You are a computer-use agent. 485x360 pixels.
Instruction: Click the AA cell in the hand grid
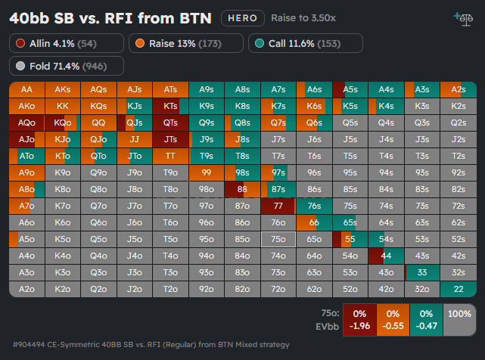(27, 90)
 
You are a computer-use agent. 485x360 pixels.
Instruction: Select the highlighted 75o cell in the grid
(278, 240)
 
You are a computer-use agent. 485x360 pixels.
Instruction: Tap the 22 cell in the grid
(459, 289)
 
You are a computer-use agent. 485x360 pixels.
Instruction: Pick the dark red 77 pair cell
(278, 206)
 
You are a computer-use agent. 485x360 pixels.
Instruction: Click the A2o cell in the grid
(27, 289)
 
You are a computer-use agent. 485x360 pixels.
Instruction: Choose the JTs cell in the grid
(170, 139)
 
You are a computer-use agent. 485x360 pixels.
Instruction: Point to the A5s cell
(350, 90)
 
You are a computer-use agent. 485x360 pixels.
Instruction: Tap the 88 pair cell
(242, 189)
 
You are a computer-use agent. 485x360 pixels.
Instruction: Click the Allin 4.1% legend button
(67, 43)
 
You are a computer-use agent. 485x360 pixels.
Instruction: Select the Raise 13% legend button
(186, 43)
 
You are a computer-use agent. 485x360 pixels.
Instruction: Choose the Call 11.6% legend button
(306, 43)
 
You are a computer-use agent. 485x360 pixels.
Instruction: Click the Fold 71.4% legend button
(67, 66)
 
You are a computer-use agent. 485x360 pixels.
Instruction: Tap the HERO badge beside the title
(243, 18)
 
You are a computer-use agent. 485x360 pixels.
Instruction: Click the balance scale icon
(464, 20)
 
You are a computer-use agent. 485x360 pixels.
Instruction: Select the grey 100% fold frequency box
(459, 320)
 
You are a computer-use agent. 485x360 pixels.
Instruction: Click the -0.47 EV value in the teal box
(426, 326)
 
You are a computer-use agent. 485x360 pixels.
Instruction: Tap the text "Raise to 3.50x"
(303, 18)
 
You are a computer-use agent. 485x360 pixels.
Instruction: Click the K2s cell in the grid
(459, 107)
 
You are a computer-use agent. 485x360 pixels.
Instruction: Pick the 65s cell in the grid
(350, 222)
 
